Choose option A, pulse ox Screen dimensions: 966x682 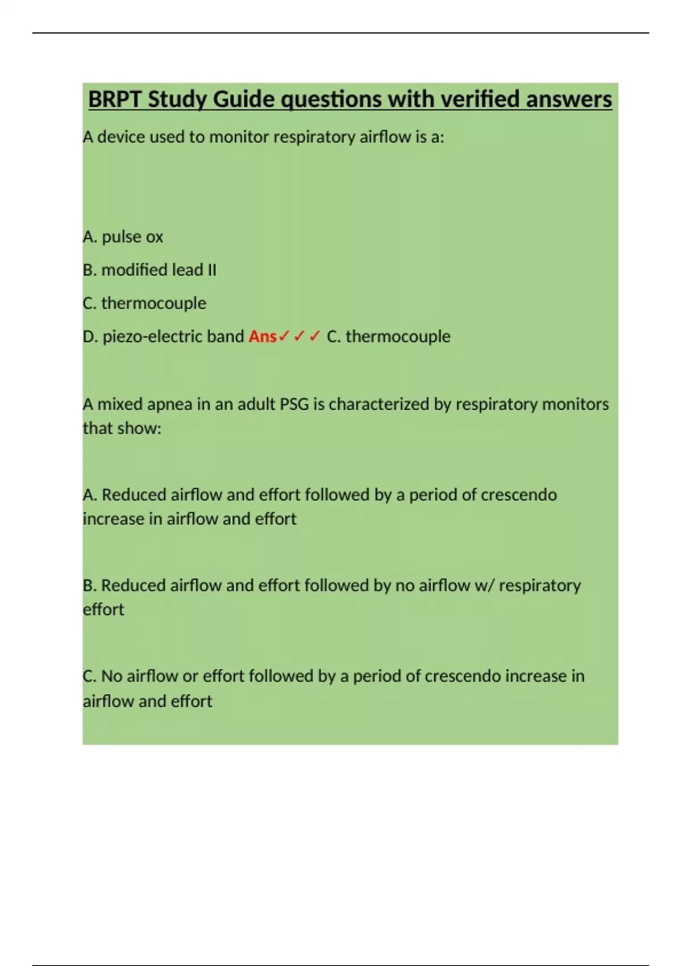click(123, 237)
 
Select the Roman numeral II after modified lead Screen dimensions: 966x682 click(211, 270)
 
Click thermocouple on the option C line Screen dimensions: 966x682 click(153, 303)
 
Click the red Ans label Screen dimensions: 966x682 click(262, 336)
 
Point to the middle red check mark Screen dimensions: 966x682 click(300, 336)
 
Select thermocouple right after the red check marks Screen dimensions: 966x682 click(398, 336)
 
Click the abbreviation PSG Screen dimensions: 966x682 click(294, 404)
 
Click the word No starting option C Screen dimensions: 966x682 click(112, 676)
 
